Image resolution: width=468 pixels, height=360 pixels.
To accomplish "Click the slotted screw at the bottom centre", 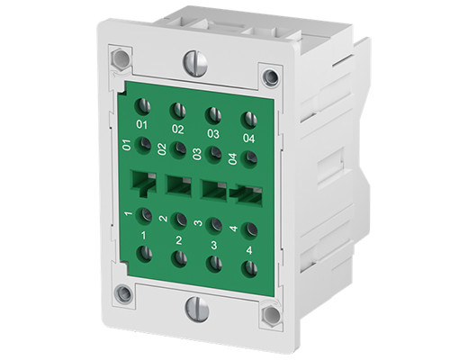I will pos(195,307).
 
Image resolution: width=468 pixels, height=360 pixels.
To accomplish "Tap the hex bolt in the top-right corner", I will pos(268,76).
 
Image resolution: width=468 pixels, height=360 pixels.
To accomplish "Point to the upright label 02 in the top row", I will pos(178,129).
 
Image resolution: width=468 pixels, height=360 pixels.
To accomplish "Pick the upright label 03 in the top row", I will pos(214,133).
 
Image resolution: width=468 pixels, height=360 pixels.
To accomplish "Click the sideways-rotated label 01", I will pos(127,145).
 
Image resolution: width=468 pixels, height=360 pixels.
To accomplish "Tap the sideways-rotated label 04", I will pos(233,159).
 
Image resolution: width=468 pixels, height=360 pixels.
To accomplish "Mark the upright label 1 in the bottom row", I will pos(144,235).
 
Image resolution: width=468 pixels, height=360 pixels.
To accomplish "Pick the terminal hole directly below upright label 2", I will pos(179,258).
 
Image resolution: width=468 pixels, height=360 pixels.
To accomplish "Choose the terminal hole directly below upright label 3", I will pos(214,263).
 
